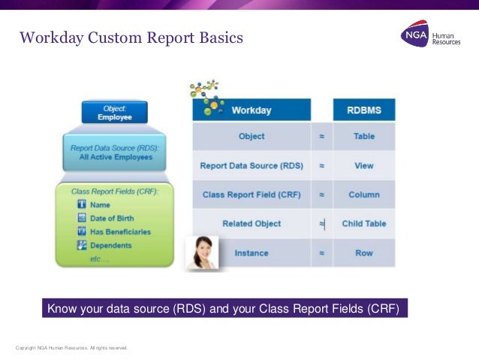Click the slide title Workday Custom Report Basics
(x=131, y=37)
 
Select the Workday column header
(x=252, y=110)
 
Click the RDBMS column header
(x=363, y=110)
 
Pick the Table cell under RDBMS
(x=363, y=137)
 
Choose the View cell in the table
(x=363, y=165)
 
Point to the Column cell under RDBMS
(x=363, y=195)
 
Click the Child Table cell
(x=363, y=223)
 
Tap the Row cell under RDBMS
(x=363, y=253)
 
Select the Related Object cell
(x=252, y=223)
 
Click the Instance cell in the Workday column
(x=252, y=253)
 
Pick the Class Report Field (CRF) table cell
(x=252, y=195)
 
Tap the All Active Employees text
(x=116, y=156)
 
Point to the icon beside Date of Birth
(x=82, y=218)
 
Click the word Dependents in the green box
(x=110, y=245)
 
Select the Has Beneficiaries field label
(x=119, y=231)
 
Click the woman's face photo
(x=203, y=253)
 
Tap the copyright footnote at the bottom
(x=72, y=348)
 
